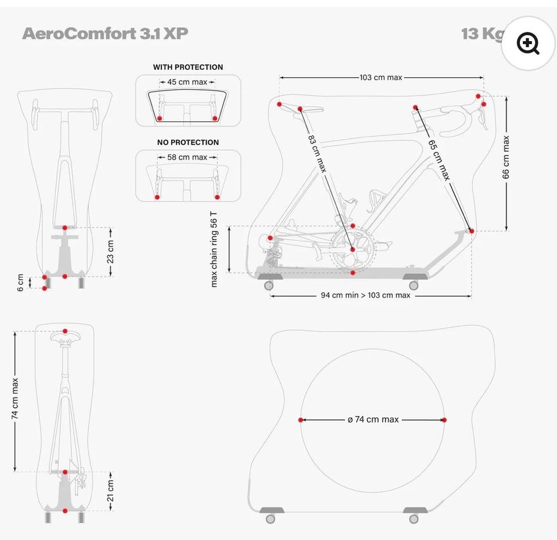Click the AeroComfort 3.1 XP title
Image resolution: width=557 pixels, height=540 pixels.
tap(105, 33)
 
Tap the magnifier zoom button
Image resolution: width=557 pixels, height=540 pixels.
tap(528, 44)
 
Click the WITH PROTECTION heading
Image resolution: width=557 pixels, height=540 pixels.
tap(188, 67)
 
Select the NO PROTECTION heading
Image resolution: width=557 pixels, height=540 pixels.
tap(188, 142)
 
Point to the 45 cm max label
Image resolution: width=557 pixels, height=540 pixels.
tap(187, 82)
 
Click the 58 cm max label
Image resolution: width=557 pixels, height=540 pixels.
tap(187, 157)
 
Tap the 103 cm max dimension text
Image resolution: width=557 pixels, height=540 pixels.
tap(381, 77)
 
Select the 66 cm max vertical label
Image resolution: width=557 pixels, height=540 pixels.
tap(506, 157)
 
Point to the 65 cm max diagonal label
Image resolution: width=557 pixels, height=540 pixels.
tap(439, 160)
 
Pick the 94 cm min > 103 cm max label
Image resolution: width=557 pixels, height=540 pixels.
tap(366, 295)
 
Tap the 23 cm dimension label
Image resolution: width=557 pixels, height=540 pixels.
tap(110, 251)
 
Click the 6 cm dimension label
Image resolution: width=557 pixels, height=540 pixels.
tap(21, 282)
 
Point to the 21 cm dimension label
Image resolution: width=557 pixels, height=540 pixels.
tap(110, 491)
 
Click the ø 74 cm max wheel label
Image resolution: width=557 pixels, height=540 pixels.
tap(373, 419)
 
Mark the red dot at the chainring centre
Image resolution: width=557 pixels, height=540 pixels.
tap(352, 249)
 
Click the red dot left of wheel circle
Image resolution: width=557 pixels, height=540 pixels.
tap(301, 420)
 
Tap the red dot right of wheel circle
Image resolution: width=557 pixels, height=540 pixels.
tap(444, 420)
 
